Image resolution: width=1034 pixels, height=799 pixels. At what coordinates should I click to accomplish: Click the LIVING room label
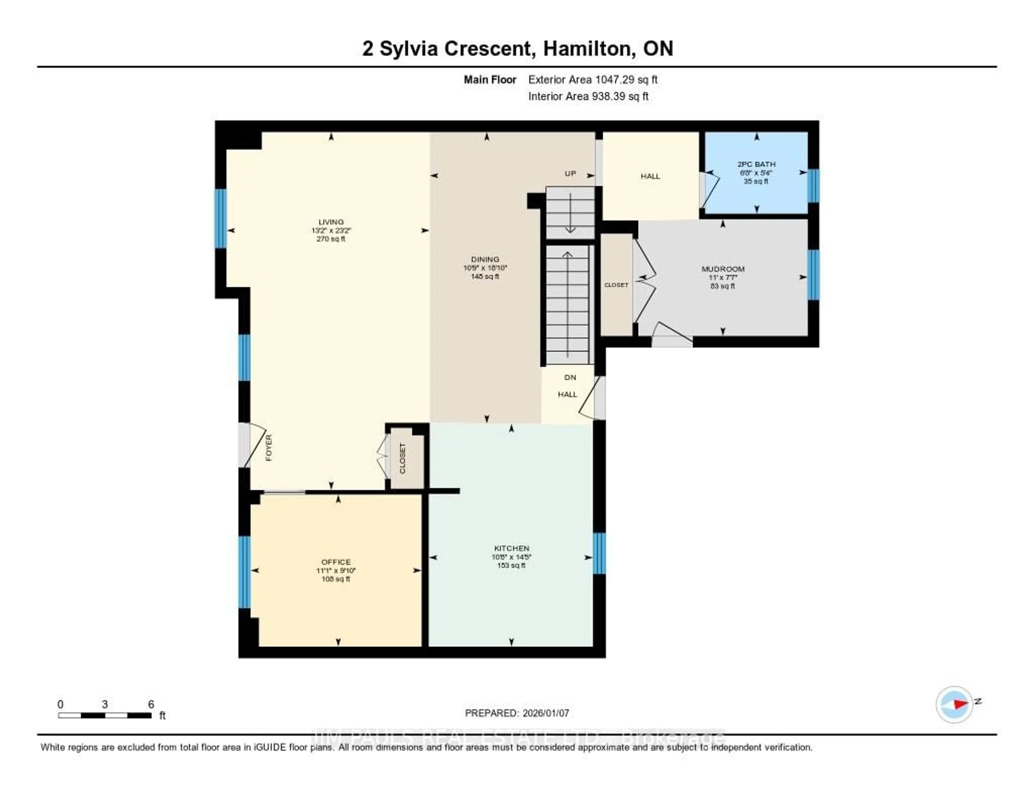click(331, 222)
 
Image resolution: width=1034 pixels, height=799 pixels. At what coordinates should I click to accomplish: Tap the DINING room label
click(485, 259)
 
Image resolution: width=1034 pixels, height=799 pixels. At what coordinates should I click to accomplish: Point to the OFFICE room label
click(336, 562)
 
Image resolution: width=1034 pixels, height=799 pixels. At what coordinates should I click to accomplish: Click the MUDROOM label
click(723, 269)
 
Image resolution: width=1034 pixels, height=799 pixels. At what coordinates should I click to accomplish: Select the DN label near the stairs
click(570, 377)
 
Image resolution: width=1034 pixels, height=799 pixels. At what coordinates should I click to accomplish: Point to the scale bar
click(105, 715)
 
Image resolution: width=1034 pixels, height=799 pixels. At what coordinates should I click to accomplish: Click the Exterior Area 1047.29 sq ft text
click(593, 79)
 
